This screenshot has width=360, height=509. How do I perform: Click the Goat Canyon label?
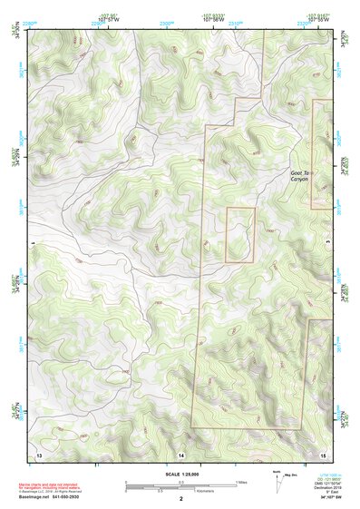click(x=300, y=176)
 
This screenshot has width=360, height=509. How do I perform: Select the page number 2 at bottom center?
click(x=181, y=499)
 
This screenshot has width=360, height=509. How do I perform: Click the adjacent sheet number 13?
click(x=38, y=452)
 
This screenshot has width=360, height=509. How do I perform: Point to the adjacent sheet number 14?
click(x=181, y=452)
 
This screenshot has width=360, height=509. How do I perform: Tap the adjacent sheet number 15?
click(x=323, y=452)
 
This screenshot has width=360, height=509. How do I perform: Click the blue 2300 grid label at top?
click(x=167, y=22)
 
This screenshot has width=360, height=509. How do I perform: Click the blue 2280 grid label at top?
click(x=29, y=22)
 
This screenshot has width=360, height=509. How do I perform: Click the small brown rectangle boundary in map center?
click(x=239, y=235)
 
